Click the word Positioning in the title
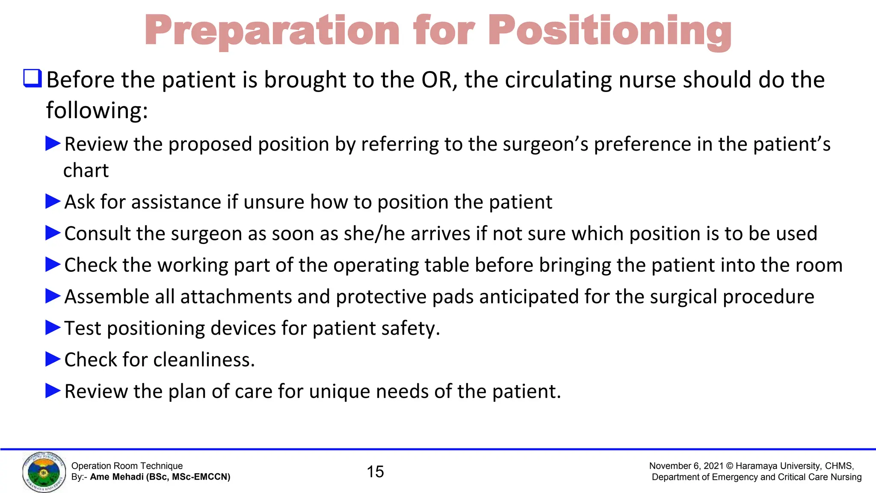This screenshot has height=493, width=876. click(x=610, y=31)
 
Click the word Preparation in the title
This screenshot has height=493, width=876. click(x=272, y=31)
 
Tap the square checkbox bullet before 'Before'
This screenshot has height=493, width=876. click(x=32, y=78)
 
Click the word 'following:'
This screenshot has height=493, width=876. click(x=97, y=110)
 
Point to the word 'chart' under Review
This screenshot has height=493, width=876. click(x=86, y=170)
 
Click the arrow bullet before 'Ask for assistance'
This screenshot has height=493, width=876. click(x=53, y=201)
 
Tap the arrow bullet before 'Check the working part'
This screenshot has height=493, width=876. click(x=53, y=264)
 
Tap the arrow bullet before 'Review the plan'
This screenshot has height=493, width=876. click(x=53, y=391)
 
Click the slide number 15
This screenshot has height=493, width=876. click(x=375, y=472)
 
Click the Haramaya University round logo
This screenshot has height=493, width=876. click(x=44, y=472)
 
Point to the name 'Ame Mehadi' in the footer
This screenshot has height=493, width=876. click(x=116, y=477)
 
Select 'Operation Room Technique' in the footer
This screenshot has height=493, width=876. click(x=127, y=466)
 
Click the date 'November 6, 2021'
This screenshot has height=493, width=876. click(x=686, y=466)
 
